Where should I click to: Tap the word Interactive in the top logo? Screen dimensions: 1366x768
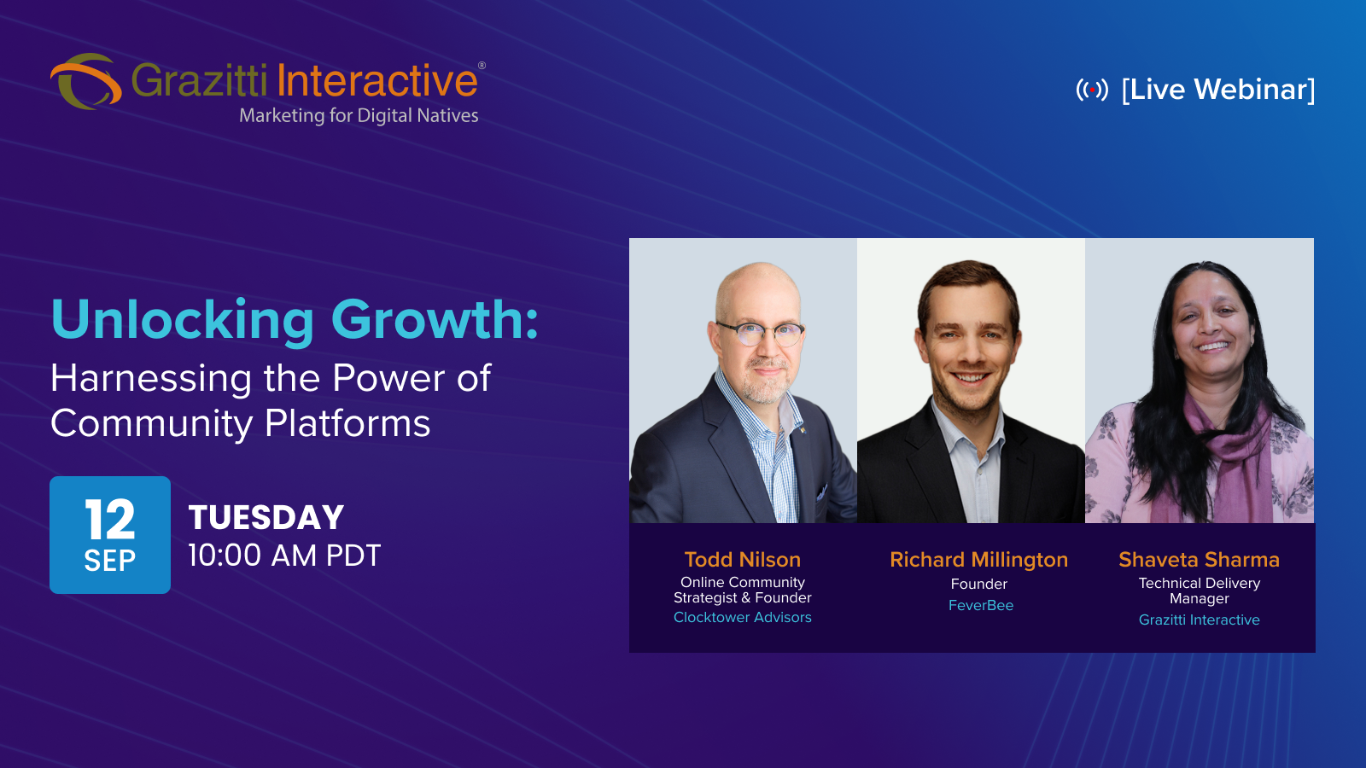pyautogui.click(x=377, y=80)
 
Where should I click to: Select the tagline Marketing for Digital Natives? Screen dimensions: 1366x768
pyautogui.click(x=359, y=115)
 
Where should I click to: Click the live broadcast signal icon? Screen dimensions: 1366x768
pyautogui.click(x=1092, y=90)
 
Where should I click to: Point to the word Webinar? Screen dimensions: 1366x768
pyautogui.click(x=1254, y=89)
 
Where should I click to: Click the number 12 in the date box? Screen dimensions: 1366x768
pyautogui.click(x=110, y=519)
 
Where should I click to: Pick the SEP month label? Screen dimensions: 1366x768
pyautogui.click(x=110, y=561)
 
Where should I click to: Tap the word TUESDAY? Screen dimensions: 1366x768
pyautogui.click(x=266, y=517)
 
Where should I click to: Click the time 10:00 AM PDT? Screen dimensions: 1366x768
pyautogui.click(x=284, y=556)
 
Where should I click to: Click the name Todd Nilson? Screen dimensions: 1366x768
pyautogui.click(x=742, y=560)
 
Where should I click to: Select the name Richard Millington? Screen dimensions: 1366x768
pyautogui.click(x=978, y=560)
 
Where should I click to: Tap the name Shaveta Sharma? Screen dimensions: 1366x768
pyautogui.click(x=1199, y=560)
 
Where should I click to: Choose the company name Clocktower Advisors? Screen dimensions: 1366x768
pyautogui.click(x=742, y=618)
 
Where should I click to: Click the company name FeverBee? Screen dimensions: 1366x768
pyautogui.click(x=981, y=605)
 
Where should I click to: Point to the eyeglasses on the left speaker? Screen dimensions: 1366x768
pyautogui.click(x=761, y=334)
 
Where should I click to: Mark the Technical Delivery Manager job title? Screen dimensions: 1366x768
pyautogui.click(x=1199, y=591)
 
